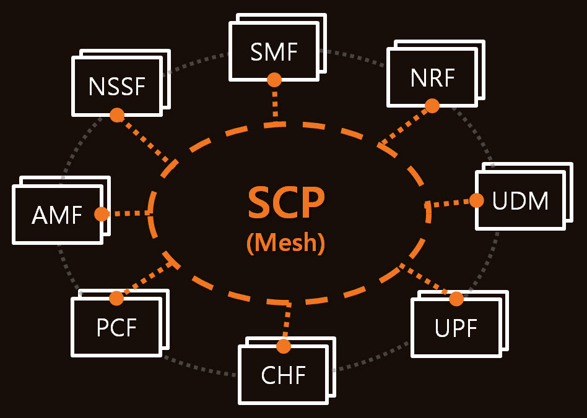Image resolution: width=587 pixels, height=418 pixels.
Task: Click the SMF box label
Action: tap(274, 52)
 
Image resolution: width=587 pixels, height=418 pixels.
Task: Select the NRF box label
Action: tap(432, 78)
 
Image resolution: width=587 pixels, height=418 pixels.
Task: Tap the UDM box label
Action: tap(520, 201)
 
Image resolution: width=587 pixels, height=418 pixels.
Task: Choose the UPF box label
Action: tap(456, 328)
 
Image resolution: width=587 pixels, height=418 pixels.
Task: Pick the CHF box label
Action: tap(284, 375)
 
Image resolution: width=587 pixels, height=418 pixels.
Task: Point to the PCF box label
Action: tap(116, 328)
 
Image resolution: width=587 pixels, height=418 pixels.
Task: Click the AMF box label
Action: tap(57, 215)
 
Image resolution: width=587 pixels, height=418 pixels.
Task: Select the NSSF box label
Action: tap(116, 87)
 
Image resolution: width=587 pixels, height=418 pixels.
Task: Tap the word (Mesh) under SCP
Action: tap(285, 243)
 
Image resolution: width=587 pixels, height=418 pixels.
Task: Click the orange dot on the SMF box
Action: tap(274, 80)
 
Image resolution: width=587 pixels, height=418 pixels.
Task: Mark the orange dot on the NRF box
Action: tap(432, 106)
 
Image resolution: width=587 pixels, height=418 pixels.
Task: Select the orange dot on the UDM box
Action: tap(476, 200)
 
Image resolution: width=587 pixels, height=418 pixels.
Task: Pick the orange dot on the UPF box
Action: tap(456, 299)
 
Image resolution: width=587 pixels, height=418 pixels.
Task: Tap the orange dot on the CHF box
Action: tap(284, 346)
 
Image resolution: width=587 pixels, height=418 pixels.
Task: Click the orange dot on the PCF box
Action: tap(116, 298)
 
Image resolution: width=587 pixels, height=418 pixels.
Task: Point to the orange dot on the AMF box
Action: tap(102, 214)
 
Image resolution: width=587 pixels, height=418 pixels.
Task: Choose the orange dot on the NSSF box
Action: tap(117, 115)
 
